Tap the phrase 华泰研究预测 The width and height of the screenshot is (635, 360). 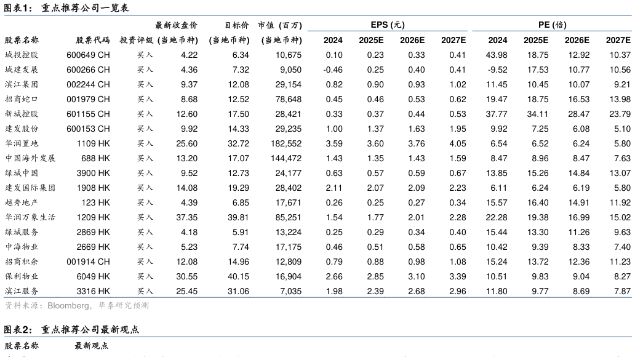tap(124, 306)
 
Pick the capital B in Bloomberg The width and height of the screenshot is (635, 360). tap(50, 306)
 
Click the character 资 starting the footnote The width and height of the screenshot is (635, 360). tap(9, 306)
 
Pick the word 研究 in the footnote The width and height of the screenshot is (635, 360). tap(124, 306)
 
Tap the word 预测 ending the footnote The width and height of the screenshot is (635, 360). tap(141, 306)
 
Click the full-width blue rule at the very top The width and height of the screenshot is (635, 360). tap(317, 15)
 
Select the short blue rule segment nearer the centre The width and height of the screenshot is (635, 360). tap(387, 30)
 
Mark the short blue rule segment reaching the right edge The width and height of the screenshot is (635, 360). tap(552, 30)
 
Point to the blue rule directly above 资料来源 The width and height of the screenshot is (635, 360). tap(317, 297)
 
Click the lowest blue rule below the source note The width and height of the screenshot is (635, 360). tap(317, 337)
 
